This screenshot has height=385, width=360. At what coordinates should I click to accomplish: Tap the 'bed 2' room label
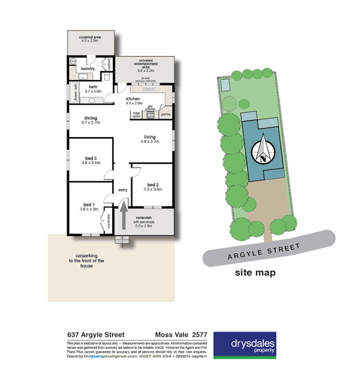click(152, 185)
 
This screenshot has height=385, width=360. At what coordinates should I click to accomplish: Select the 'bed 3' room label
click(90, 158)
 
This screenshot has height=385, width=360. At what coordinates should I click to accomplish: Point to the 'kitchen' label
click(133, 99)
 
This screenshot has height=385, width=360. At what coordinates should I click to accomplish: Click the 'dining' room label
click(90, 118)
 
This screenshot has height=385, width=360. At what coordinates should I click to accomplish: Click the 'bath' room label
click(93, 87)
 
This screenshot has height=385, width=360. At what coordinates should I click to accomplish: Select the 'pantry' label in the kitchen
click(166, 115)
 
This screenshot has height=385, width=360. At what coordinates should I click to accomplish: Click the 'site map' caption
click(255, 273)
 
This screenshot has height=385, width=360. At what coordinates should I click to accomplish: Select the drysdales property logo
click(245, 345)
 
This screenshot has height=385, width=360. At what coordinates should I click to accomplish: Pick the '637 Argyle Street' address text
click(96, 335)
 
